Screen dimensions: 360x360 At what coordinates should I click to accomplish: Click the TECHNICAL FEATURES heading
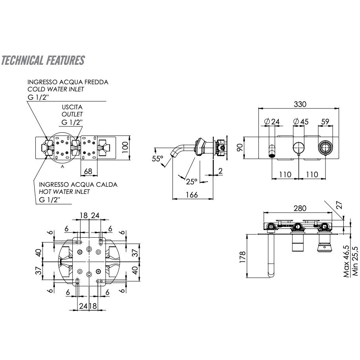[43, 60]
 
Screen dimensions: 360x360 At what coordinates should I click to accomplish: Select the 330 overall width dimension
[300, 104]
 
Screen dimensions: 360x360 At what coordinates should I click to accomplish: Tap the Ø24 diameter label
[272, 121]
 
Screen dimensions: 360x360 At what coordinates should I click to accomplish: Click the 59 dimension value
[325, 121]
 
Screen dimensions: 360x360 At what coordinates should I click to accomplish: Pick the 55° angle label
[158, 159]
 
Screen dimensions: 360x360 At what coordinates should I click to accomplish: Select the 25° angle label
[191, 181]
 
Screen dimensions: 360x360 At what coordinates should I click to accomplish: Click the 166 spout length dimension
[192, 195]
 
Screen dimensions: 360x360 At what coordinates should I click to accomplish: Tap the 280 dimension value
[300, 208]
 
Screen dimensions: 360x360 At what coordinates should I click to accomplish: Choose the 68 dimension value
[89, 171]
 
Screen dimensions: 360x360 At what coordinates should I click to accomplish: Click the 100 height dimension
[126, 148]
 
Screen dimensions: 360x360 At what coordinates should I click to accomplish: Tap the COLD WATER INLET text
[56, 89]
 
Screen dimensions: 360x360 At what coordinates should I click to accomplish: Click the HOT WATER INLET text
[64, 192]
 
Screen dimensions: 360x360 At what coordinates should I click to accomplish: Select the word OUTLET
[72, 114]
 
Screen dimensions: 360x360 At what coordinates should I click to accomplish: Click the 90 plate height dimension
[240, 148]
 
